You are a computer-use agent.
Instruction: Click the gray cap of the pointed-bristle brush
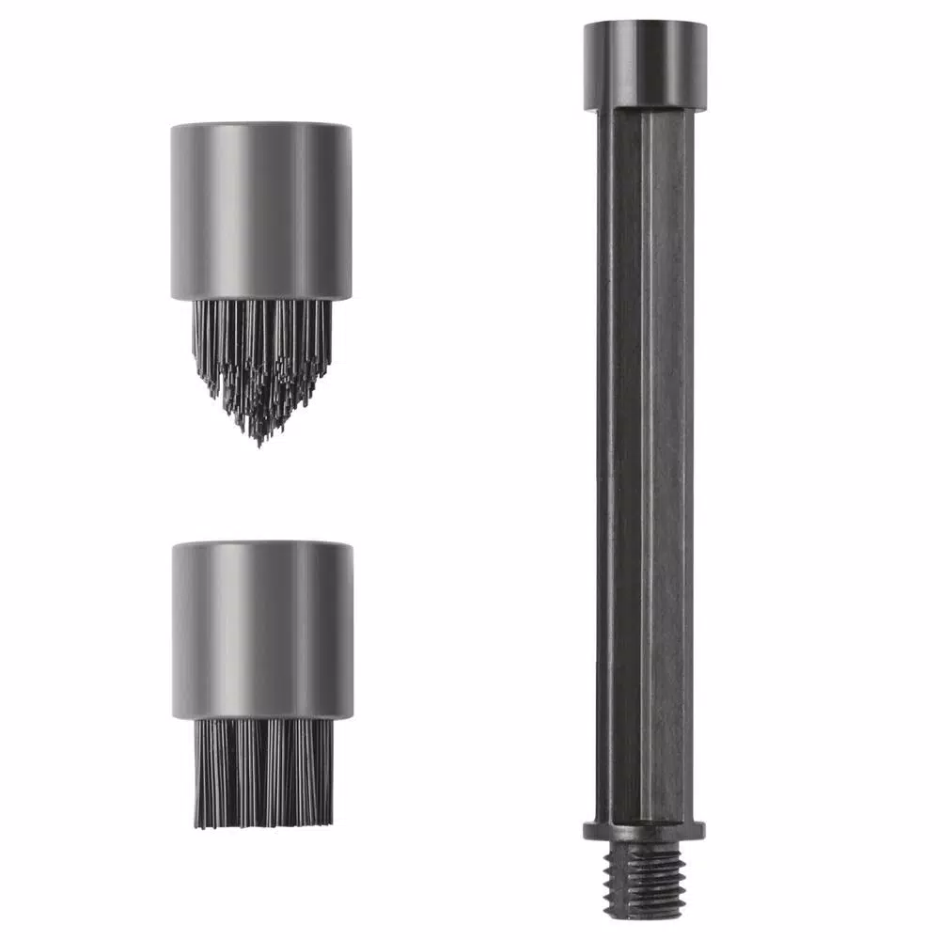261,211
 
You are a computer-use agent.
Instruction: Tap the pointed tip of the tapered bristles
259,440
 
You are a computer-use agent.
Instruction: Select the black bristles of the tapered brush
261,362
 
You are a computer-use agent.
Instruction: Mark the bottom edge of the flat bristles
262,825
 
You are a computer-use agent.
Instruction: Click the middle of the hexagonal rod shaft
645,470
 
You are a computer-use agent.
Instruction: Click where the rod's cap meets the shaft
645,109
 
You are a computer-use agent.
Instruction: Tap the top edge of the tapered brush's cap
261,125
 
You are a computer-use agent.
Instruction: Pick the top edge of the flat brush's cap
262,543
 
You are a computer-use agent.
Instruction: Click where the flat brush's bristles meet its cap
262,719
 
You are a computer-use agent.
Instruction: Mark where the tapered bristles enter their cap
261,301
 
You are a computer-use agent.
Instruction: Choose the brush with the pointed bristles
261,273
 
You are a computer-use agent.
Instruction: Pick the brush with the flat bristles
262,686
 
